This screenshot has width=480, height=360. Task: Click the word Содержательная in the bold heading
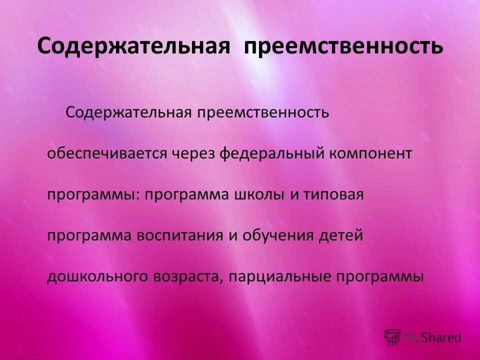tap(133, 46)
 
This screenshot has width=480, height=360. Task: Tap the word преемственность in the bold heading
tap(343, 46)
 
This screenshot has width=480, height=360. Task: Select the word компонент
tap(370, 153)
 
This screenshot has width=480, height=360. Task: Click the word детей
tap(343, 235)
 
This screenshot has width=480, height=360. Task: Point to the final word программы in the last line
tap(385, 277)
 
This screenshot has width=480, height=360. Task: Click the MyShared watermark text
tap(432, 337)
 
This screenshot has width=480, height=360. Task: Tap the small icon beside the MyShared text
tap(392, 337)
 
